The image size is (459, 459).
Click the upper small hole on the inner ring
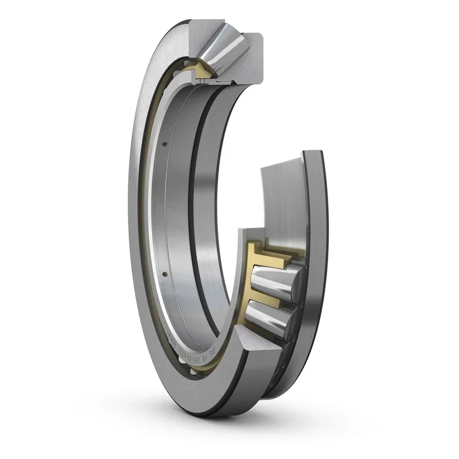164,143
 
